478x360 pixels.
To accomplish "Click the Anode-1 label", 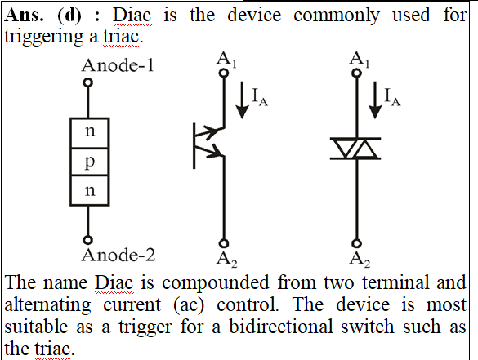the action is (118, 65).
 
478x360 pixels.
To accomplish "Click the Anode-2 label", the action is (118, 255).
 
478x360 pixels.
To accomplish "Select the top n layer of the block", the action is (90, 133).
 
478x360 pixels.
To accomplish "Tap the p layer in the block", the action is (90, 162).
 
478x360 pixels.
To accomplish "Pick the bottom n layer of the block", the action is (90, 190).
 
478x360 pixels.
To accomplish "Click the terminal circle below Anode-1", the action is (88, 82).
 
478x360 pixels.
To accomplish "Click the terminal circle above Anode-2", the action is (87, 240).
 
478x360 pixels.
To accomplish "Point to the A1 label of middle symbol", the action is (226, 60).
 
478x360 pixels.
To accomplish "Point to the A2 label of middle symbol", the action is (227, 260).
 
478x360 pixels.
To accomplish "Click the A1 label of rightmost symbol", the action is (360, 60).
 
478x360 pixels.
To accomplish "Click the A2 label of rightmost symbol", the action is (360, 260).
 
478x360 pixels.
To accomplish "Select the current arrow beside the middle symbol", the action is (243, 100).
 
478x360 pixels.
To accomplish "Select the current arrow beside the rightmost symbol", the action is (375, 100).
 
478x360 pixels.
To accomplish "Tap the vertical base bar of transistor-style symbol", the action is (194, 146).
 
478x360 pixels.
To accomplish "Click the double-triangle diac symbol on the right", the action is (355, 149).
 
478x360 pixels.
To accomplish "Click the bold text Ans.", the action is (24, 15).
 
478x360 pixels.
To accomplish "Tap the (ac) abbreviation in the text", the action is (189, 305).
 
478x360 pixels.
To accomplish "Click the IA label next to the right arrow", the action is (393, 97).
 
